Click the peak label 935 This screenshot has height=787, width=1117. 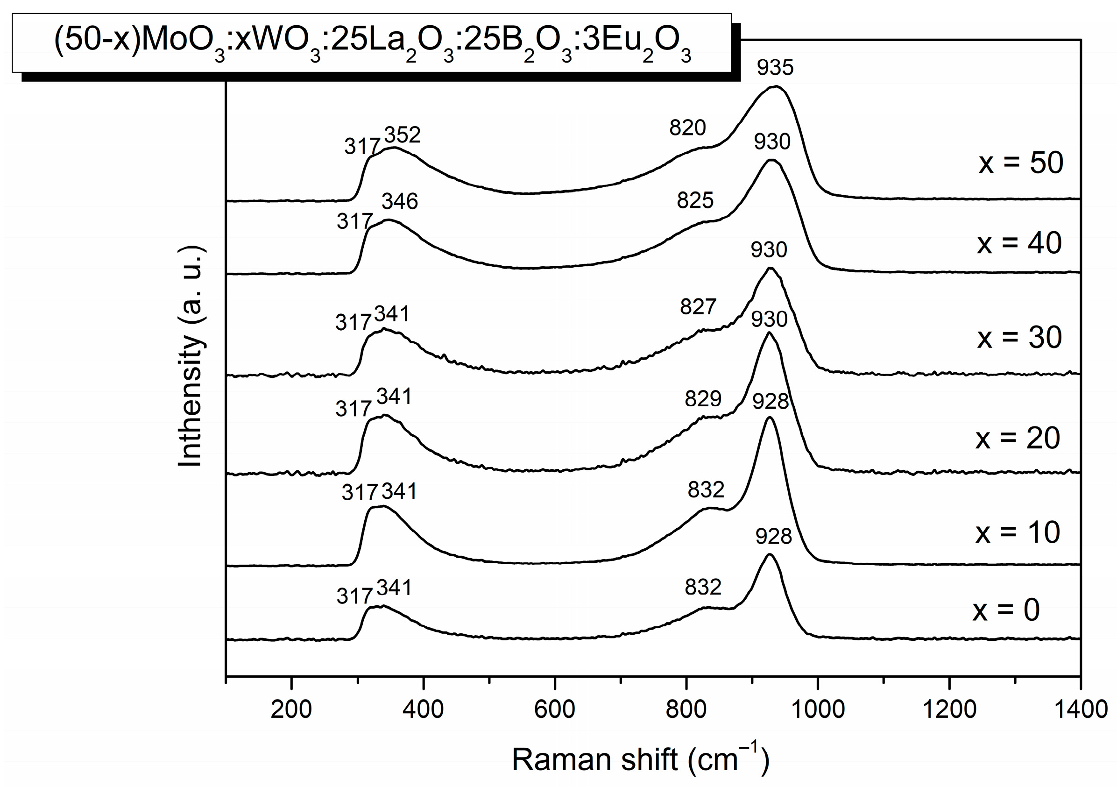(x=775, y=68)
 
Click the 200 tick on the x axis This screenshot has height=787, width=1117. (x=291, y=709)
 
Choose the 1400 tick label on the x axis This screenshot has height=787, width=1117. (x=1081, y=709)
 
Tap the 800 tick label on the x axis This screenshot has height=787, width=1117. (x=686, y=709)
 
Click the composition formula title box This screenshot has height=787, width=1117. (x=372, y=44)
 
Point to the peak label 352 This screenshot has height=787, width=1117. (x=403, y=135)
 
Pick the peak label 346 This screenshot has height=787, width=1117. (x=399, y=201)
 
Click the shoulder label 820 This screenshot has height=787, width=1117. (x=687, y=128)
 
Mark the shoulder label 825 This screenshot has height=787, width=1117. (x=695, y=200)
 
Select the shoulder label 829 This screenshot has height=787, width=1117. (x=702, y=399)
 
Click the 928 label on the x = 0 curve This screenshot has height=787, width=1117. (x=773, y=536)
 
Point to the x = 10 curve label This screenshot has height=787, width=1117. (x=1018, y=532)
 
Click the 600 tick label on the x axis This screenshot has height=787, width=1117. (x=554, y=709)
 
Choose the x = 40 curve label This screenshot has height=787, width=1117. (x=1019, y=243)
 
